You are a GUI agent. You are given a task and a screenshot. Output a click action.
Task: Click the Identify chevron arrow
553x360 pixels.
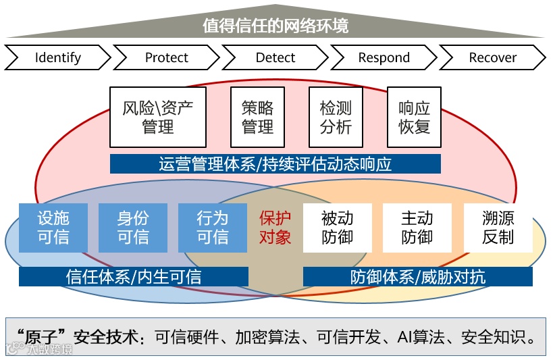click(57, 57)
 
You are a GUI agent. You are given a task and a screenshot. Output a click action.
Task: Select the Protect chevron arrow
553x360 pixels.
click(167, 57)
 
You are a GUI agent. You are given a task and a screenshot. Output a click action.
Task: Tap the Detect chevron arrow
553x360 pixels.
click(275, 57)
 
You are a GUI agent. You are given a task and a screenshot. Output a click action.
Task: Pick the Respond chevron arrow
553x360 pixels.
click(384, 57)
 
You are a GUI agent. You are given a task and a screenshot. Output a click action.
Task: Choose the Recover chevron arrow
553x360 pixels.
click(492, 57)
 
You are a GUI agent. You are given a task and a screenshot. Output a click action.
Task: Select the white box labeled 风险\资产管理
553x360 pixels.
click(158, 117)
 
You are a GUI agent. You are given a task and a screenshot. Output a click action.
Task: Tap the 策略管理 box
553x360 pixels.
click(257, 117)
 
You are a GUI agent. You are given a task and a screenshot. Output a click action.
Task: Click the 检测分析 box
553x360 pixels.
click(336, 117)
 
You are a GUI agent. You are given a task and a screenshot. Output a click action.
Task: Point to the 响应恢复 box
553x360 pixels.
click(414, 117)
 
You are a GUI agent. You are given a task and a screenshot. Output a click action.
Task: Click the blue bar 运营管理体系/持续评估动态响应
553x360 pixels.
click(275, 164)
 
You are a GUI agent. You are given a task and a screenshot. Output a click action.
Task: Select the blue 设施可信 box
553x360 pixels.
click(53, 228)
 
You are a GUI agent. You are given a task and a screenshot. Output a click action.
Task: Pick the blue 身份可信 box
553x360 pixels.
click(133, 228)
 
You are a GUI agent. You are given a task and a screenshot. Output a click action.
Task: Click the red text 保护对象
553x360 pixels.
click(275, 228)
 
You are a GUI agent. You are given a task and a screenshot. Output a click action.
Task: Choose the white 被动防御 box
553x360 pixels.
click(337, 228)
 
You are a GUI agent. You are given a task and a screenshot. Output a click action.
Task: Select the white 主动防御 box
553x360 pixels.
click(417, 228)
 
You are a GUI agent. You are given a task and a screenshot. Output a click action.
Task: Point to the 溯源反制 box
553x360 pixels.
click(498, 228)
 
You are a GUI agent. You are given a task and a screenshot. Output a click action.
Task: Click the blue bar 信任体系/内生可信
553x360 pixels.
click(134, 276)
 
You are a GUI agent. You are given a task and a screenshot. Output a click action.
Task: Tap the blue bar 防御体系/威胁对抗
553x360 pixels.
click(417, 276)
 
